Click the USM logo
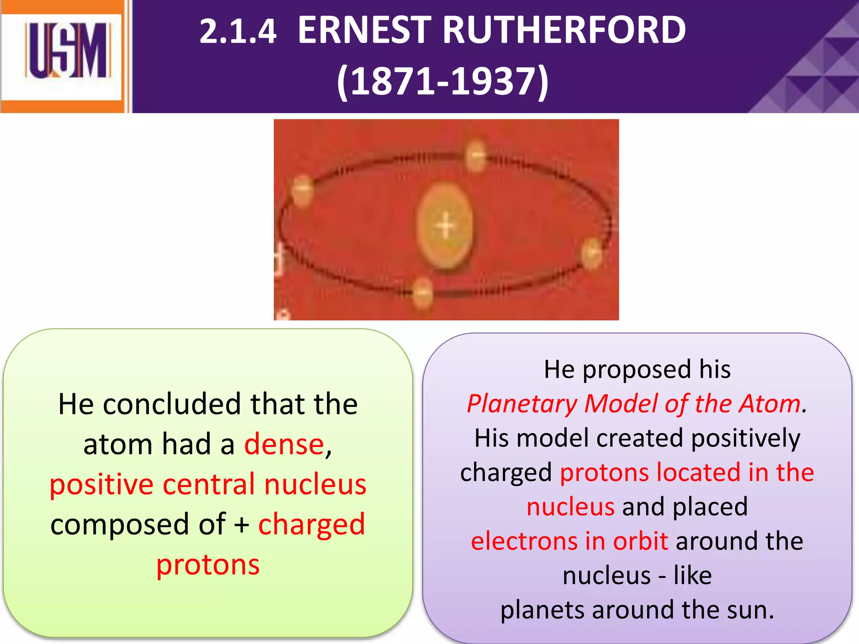click(67, 51)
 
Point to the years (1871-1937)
click(443, 81)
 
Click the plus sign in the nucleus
click(445, 226)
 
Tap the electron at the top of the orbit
click(476, 156)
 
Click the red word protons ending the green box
click(208, 565)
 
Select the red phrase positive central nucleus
click(208, 484)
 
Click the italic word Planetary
click(522, 405)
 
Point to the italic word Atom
click(769, 404)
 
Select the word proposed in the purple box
click(637, 370)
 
